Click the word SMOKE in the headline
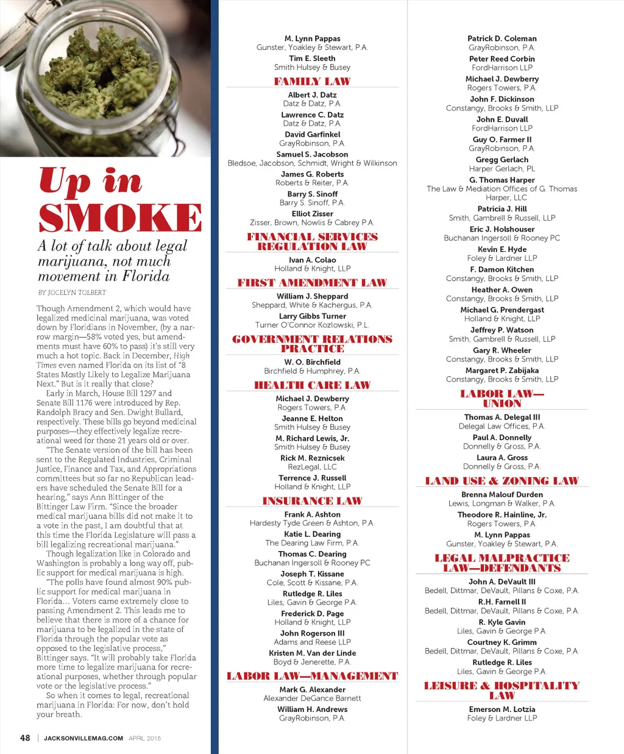click(x=120, y=218)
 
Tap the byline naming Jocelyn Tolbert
click(x=72, y=293)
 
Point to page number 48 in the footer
click(x=25, y=738)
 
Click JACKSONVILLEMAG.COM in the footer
click(x=83, y=738)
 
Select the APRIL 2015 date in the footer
click(x=145, y=738)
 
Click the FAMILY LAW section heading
click(x=312, y=82)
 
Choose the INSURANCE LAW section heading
click(x=312, y=501)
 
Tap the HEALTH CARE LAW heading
click(x=312, y=385)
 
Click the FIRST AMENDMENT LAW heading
click(x=312, y=283)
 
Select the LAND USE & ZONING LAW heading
click(x=502, y=481)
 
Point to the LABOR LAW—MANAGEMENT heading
click(x=312, y=676)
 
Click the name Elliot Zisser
click(x=312, y=214)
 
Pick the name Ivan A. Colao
click(x=312, y=260)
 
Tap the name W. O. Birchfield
click(x=312, y=362)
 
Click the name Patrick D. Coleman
click(x=502, y=38)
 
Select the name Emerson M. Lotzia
click(x=502, y=710)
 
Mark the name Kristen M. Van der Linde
click(x=312, y=653)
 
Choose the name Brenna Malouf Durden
click(x=502, y=495)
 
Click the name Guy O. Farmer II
click(x=502, y=140)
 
